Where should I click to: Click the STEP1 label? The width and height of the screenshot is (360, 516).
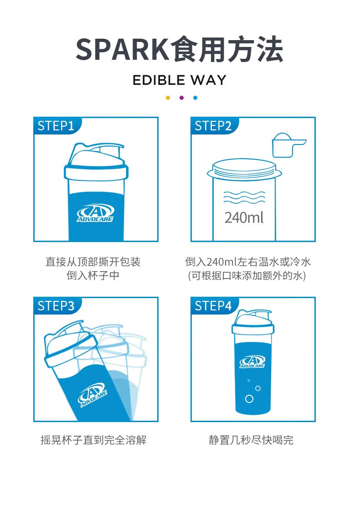pos(56,126)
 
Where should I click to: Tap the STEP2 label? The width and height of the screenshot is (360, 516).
pos(213,126)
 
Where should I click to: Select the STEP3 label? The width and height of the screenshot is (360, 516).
pos(56,306)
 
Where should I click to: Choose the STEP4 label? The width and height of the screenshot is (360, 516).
pos(213,306)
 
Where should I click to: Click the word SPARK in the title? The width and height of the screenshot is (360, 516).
pos(122,50)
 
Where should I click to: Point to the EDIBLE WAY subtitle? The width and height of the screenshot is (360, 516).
pos(180,80)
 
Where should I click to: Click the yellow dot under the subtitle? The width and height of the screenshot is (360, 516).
pos(168,98)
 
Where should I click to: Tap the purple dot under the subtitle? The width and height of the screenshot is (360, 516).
pos(181,98)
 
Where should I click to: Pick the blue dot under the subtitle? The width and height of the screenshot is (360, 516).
pos(195,98)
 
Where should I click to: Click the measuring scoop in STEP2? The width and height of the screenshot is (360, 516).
pos(286,145)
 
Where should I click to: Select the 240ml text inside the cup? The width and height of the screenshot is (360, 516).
pos(244,217)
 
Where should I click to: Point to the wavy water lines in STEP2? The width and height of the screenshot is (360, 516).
pos(244,198)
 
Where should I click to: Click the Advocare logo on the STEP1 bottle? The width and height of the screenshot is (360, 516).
pos(96,213)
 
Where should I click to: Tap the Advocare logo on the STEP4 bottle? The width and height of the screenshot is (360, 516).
pos(252,362)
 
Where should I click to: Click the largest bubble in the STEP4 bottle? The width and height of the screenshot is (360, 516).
pos(249,399)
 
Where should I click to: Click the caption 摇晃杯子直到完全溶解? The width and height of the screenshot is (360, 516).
pos(93,440)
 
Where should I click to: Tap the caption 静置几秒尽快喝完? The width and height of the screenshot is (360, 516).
pos(251,440)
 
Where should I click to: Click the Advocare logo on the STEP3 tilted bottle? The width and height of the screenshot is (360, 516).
pos(94,395)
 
